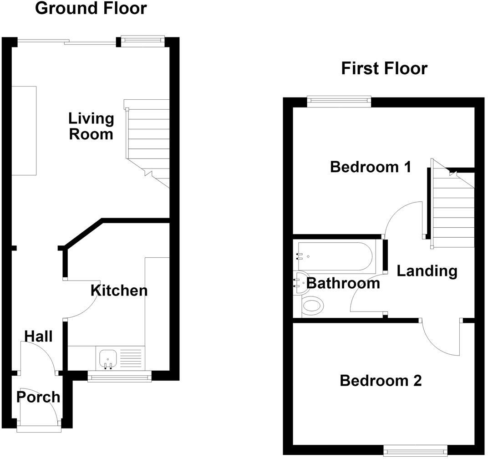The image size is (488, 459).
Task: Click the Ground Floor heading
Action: [91, 8]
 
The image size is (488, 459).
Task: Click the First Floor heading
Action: [384, 68]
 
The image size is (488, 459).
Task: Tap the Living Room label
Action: [91, 127]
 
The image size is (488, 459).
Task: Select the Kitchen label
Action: [119, 291]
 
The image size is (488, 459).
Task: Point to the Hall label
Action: [38, 337]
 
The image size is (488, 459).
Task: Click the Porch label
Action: [38, 397]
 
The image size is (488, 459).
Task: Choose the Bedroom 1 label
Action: [371, 167]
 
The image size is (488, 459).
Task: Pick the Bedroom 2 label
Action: [381, 381]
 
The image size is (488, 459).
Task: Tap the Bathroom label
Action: [343, 283]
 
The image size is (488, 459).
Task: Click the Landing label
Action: [427, 271]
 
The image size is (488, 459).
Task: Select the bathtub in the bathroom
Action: [335, 256]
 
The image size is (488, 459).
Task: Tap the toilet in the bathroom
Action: [313, 306]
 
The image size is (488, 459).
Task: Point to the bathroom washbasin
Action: [300, 283]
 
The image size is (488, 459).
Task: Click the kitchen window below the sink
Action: [120, 376]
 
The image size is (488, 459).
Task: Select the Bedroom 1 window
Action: [339, 102]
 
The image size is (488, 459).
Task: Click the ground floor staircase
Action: [147, 143]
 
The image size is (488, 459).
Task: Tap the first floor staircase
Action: [452, 204]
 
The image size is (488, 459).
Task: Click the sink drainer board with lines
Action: [131, 358]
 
